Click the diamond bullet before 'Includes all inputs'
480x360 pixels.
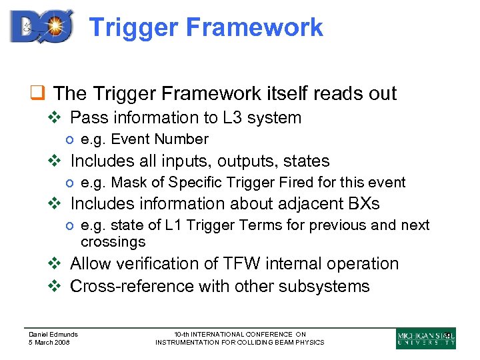[x=56, y=161]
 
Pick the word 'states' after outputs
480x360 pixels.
[x=306, y=161]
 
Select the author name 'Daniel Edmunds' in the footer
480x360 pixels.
[x=53, y=334]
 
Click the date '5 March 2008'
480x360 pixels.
[x=49, y=342]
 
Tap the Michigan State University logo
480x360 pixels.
[x=425, y=338]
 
